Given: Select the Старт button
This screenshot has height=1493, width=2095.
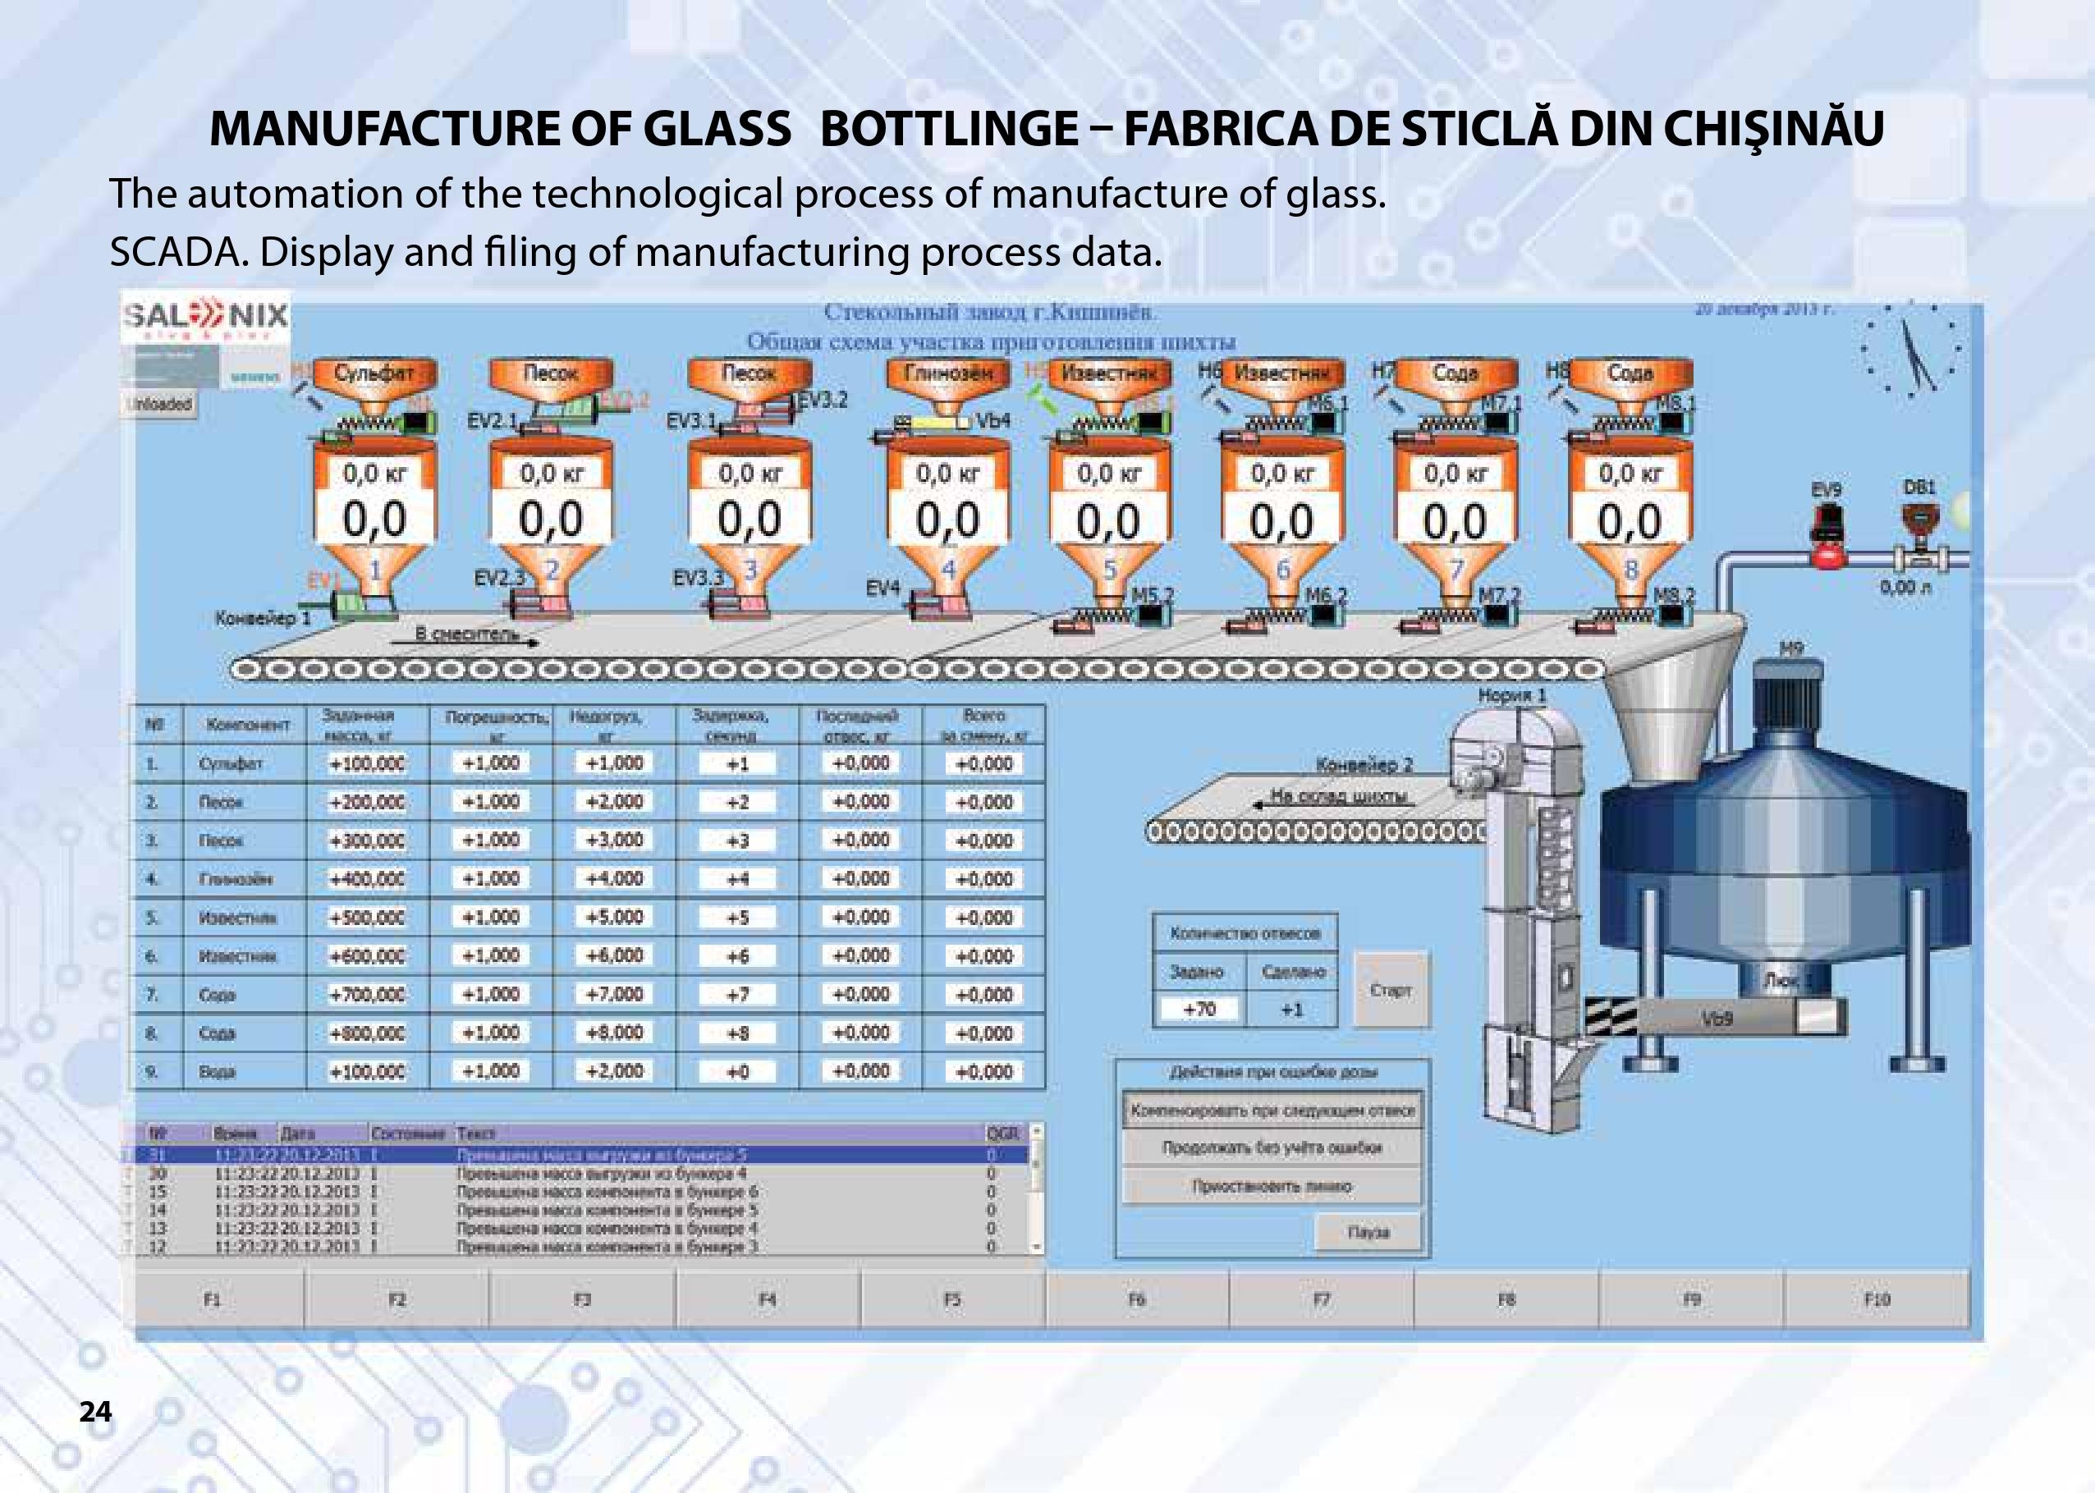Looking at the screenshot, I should [x=1390, y=990].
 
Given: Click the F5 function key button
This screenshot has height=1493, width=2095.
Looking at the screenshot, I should [x=952, y=1299].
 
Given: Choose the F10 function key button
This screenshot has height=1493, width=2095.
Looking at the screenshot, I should [x=1876, y=1299].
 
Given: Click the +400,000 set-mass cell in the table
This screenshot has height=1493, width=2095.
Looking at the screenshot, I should [x=368, y=879].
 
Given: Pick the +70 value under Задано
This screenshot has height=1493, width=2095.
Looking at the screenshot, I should [x=1199, y=1010].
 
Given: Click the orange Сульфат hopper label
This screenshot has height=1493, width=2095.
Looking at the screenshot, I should [x=374, y=373].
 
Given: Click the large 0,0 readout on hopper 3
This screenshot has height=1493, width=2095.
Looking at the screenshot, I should [x=750, y=520].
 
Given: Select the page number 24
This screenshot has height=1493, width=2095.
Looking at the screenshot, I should [x=95, y=1411].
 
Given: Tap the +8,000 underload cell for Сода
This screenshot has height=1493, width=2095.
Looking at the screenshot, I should [x=614, y=1033].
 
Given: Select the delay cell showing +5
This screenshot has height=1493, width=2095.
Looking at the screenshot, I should [x=737, y=918].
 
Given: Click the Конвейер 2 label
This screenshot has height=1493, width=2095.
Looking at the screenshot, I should [x=1364, y=765].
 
